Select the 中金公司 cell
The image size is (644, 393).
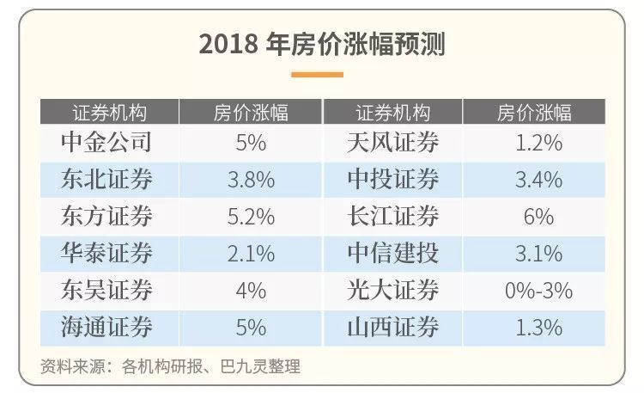pos(107,142)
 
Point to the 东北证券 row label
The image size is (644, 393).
pos(107,179)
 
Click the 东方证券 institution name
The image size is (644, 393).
pos(107,216)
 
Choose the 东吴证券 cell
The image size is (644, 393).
pos(107,290)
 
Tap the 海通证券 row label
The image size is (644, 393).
pos(107,327)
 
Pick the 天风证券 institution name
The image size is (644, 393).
pos(392,142)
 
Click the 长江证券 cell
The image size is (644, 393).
pos(392,216)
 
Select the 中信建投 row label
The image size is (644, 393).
pos(392,253)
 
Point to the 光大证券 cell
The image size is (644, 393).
pos(392,290)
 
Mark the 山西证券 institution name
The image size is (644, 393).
pos(392,327)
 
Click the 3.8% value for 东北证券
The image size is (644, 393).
pos(251,179)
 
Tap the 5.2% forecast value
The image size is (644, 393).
pos(251,216)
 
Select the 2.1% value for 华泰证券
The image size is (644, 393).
pos(251,253)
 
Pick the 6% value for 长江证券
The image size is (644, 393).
pos(538,216)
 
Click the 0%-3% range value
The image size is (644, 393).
pos(538,290)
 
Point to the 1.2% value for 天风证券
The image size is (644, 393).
pos(538,142)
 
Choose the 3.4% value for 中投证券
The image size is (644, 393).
pos(538,179)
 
